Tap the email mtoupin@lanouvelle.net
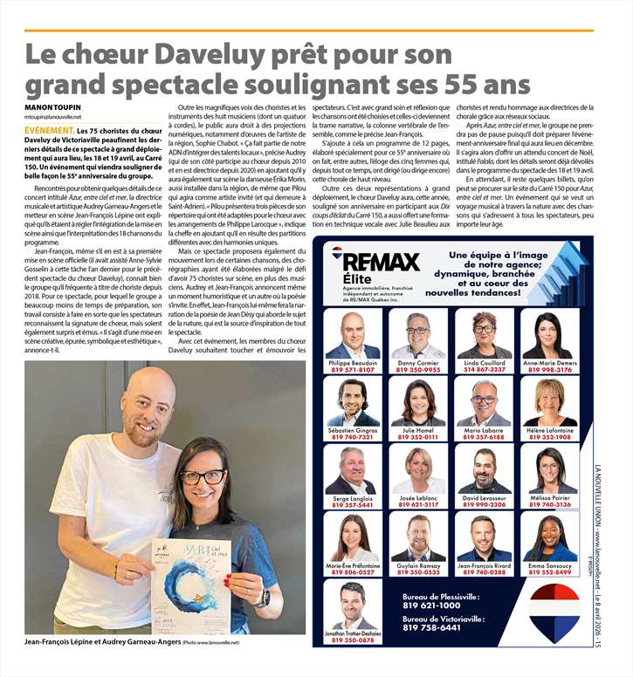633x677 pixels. pos(53,117)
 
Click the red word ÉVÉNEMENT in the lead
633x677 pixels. pos(49,129)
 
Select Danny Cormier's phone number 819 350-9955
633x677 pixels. pos(418,370)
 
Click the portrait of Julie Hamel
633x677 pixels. pos(418,402)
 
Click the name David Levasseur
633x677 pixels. pos(485,497)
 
